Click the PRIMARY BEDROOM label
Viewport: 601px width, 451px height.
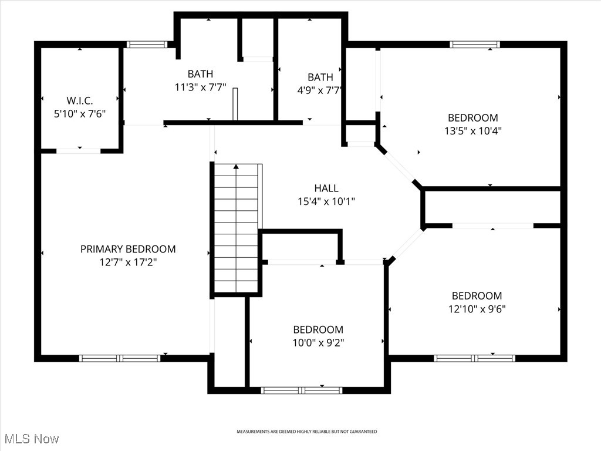click(x=128, y=249)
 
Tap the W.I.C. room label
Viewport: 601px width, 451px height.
click(x=80, y=100)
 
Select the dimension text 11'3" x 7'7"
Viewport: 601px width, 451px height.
click(x=200, y=87)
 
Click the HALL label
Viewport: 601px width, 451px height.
click(x=326, y=188)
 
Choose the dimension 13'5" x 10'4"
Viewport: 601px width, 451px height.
click(x=472, y=131)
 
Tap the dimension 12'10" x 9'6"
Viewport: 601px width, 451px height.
click(x=476, y=309)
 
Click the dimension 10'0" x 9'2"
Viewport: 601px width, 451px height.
click(x=318, y=343)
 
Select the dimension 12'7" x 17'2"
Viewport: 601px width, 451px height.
click(x=128, y=262)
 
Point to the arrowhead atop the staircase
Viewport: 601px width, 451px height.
click(x=236, y=167)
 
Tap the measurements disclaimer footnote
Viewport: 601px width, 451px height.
click(x=306, y=432)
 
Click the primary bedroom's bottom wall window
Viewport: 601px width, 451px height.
click(x=120, y=358)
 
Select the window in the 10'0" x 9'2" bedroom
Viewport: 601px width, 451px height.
click(x=301, y=390)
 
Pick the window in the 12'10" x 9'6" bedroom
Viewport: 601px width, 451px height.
click(x=474, y=358)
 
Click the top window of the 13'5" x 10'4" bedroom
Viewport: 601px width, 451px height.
click(x=475, y=44)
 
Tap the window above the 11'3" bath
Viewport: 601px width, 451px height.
click(x=147, y=44)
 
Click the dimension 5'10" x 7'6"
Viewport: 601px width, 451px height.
click(x=80, y=114)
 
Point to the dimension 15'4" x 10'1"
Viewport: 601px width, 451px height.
click(x=326, y=201)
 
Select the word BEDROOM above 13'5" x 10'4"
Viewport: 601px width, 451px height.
click(x=472, y=117)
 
